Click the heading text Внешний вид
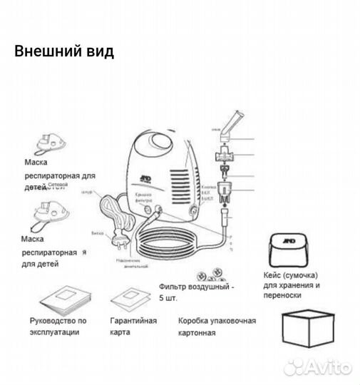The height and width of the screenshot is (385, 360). [x=63, y=52]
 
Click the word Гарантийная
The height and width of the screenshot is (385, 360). [x=133, y=320]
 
